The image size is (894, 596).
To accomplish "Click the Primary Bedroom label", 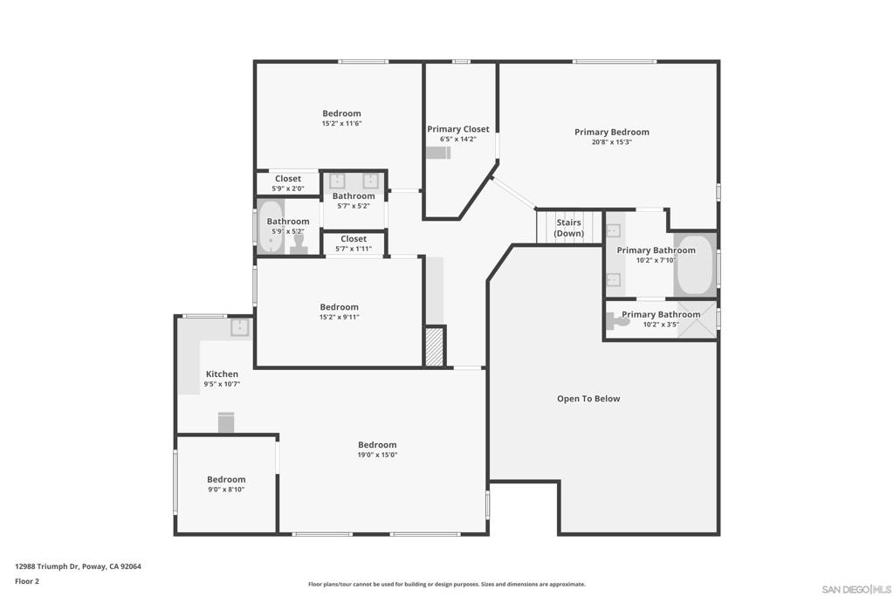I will tap(611, 133).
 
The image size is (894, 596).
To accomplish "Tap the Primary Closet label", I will tap(458, 129).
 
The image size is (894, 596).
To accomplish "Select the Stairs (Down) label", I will tap(568, 228).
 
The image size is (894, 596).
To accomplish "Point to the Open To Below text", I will tap(588, 399).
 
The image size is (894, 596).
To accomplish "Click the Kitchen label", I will tap(222, 374).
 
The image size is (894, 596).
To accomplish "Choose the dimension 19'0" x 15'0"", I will tap(377, 455).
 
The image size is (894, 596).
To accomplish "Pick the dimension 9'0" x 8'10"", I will tap(226, 490).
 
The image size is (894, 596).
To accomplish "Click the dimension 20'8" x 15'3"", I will tap(611, 142).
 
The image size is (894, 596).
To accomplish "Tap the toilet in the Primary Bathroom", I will tap(619, 321).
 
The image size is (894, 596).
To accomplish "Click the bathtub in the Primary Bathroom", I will tap(696, 265).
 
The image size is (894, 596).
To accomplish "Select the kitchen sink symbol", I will tap(239, 327).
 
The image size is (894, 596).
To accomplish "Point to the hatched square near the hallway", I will tap(435, 346).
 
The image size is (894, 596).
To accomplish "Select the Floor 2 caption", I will tap(26, 581).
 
